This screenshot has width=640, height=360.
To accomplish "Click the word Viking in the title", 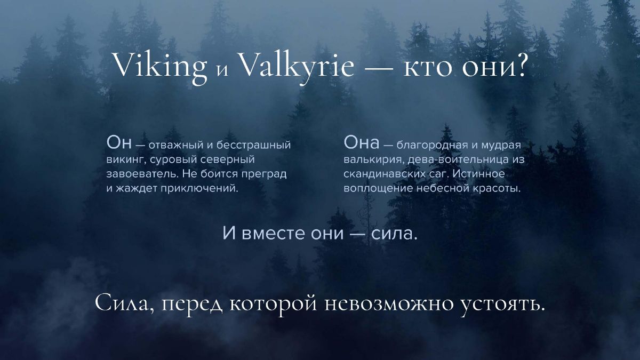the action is click(161, 67).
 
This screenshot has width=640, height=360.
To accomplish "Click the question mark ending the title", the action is click(519, 65).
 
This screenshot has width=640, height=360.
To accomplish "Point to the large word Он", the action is click(119, 142).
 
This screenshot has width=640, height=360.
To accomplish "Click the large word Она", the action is click(362, 142).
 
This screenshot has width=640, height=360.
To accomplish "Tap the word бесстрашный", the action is click(253, 145).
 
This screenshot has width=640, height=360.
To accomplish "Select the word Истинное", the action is click(478, 174).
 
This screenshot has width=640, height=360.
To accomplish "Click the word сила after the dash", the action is click(394, 234).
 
